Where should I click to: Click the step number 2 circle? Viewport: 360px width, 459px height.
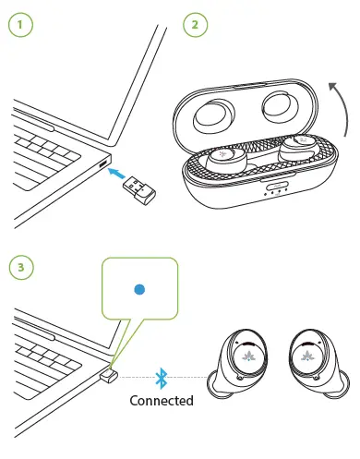(x=195, y=25)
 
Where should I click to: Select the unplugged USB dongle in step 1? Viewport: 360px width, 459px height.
(x=143, y=191)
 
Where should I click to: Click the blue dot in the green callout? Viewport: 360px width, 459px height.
(x=139, y=289)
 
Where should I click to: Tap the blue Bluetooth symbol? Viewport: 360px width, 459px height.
(x=162, y=378)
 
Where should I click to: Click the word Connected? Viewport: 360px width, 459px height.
(x=162, y=401)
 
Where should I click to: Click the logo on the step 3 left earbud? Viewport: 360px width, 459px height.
(x=250, y=354)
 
